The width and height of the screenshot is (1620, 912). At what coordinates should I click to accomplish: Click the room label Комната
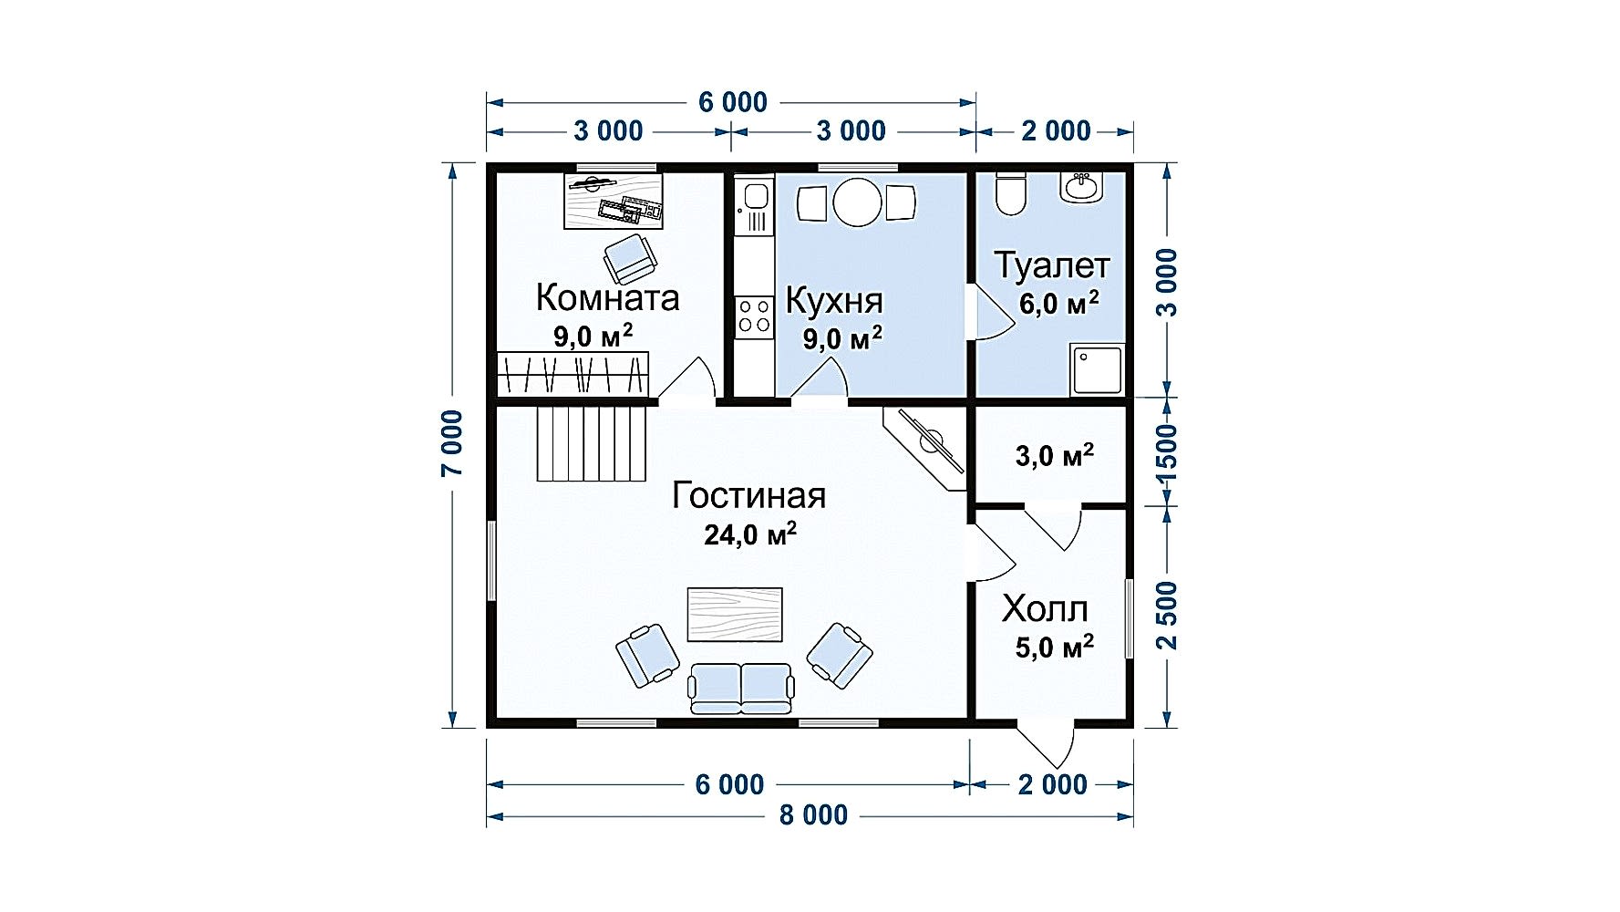(607, 297)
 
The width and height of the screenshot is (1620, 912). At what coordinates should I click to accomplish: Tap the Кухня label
(834, 301)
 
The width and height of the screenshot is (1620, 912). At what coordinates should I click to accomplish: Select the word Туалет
(1052, 265)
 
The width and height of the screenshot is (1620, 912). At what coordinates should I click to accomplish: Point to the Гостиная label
(748, 495)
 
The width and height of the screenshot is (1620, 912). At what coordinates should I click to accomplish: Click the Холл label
(1045, 608)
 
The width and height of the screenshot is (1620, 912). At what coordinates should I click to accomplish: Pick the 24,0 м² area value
(750, 534)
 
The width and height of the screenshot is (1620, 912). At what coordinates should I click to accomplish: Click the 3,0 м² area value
(1055, 455)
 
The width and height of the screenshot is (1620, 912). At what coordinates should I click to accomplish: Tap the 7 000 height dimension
(452, 443)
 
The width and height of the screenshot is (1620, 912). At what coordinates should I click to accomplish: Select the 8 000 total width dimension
(813, 814)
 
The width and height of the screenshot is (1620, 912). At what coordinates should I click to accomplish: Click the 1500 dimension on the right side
(1166, 452)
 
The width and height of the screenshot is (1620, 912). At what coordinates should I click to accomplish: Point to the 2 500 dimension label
(1167, 616)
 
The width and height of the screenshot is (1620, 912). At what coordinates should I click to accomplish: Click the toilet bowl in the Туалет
(1010, 192)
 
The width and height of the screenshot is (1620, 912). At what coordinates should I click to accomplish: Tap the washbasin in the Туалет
(1082, 186)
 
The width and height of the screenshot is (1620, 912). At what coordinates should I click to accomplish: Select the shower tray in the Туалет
(1097, 369)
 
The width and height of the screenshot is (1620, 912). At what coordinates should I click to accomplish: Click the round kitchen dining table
(858, 202)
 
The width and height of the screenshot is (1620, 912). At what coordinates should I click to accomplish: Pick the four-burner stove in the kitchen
(754, 315)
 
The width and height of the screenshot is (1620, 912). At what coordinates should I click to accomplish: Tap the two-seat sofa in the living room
(740, 689)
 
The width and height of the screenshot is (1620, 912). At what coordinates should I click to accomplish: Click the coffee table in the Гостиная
(735, 615)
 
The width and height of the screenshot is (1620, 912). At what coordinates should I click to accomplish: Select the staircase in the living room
(591, 443)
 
